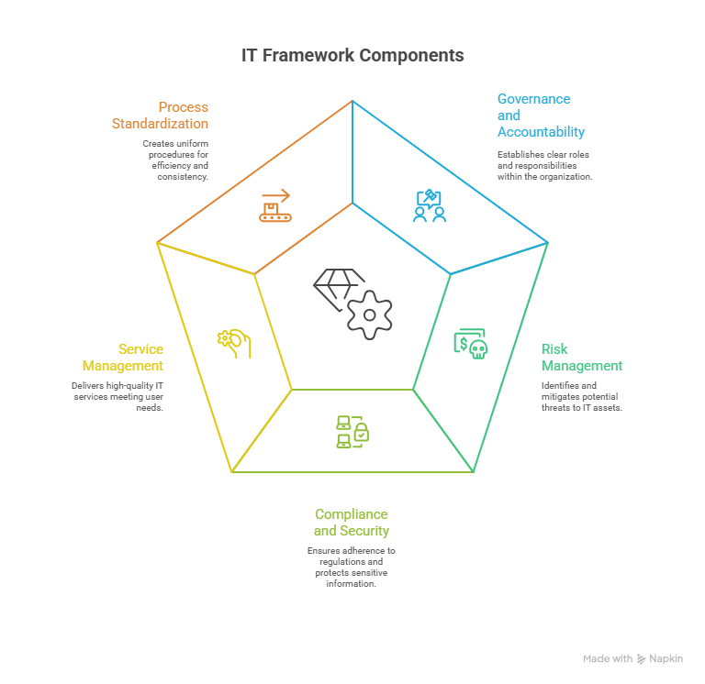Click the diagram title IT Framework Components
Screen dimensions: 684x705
tap(352, 56)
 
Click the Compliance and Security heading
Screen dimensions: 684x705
tap(352, 523)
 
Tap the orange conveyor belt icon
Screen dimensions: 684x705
tap(274, 207)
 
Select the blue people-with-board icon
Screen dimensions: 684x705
tap(430, 206)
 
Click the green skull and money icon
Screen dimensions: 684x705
tap(470, 343)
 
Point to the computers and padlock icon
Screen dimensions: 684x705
tap(352, 432)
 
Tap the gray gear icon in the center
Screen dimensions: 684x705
tap(370, 314)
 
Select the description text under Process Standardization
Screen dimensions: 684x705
tap(175, 160)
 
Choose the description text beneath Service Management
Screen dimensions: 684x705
tap(117, 396)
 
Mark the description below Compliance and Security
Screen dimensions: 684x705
tap(352, 567)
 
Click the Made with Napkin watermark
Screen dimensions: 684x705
tap(633, 658)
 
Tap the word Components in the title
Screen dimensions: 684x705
tap(411, 56)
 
